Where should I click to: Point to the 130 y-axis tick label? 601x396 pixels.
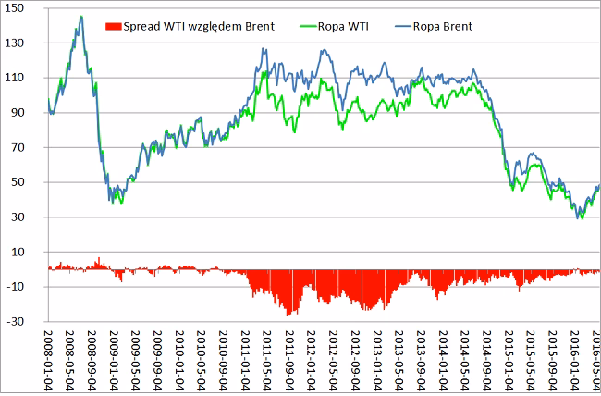point(28,43)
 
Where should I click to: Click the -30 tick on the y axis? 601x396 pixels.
point(29,322)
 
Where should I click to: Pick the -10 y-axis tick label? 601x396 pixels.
point(29,287)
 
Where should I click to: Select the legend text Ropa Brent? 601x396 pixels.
point(445,26)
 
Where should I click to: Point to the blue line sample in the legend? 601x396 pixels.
point(395,26)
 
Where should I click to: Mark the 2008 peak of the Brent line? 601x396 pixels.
point(80,16)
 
